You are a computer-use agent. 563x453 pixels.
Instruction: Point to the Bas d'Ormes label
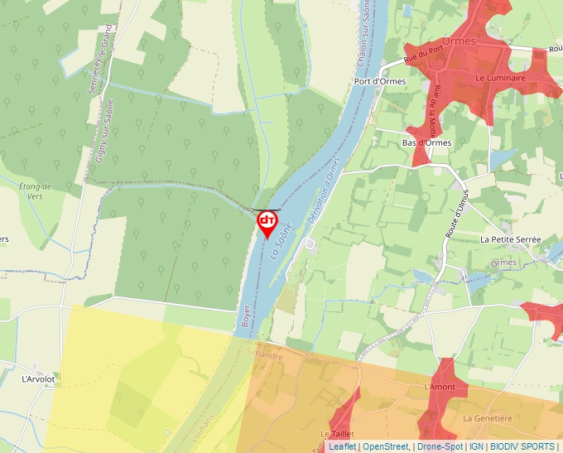pyautogui.click(x=426, y=142)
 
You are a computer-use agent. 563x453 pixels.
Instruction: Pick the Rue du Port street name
pyautogui.click(x=421, y=55)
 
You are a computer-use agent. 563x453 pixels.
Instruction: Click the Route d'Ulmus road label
pyautogui.click(x=457, y=219)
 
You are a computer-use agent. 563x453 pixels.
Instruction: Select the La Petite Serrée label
pyautogui.click(x=510, y=239)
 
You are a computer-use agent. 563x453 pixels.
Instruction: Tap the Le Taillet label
pyautogui.click(x=337, y=434)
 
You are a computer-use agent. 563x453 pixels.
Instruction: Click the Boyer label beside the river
pyautogui.click(x=245, y=320)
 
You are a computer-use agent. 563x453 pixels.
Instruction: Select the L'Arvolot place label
pyautogui.click(x=38, y=379)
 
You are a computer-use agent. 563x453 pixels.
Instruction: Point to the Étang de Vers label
pyautogui.click(x=35, y=191)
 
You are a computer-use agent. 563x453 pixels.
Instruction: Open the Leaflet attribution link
pyautogui.click(x=342, y=446)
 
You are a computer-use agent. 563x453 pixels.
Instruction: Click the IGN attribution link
pyautogui.click(x=476, y=446)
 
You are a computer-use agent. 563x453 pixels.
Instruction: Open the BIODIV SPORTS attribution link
pyautogui.click(x=522, y=446)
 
